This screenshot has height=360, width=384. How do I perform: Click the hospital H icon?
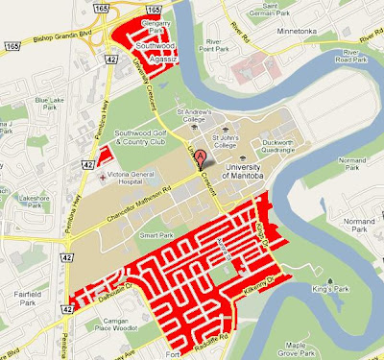[x=102, y=179]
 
